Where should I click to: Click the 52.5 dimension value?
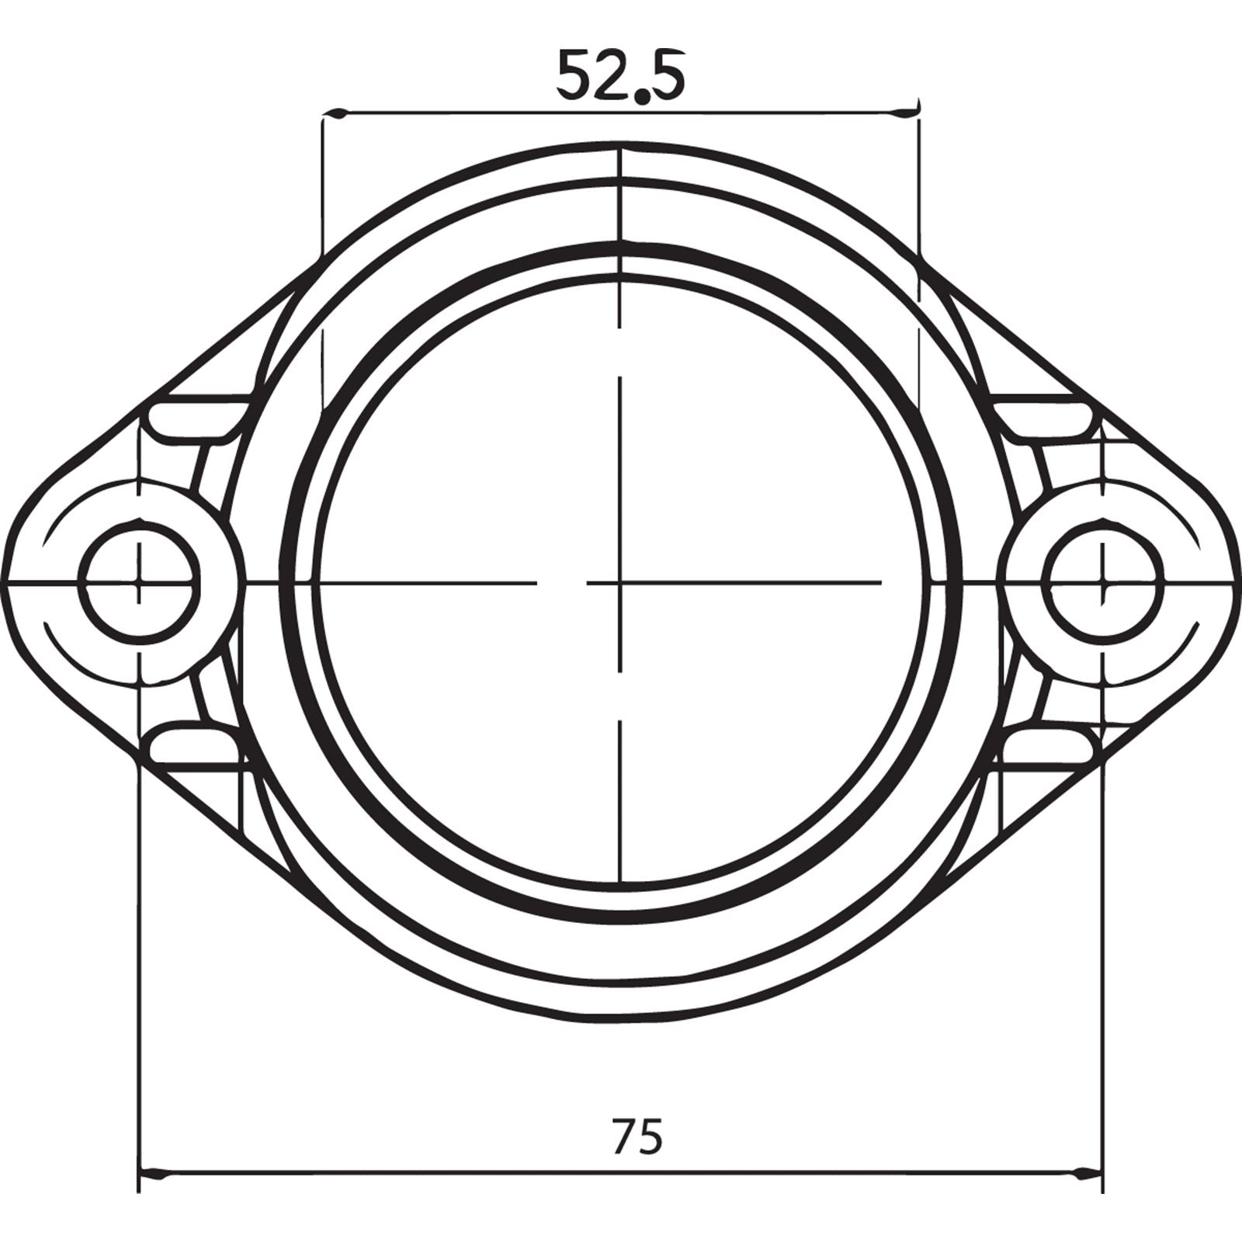(621, 75)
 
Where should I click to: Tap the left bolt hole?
(139, 581)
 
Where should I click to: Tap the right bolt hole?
(1102, 581)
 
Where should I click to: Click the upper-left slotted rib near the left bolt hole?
(198, 421)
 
